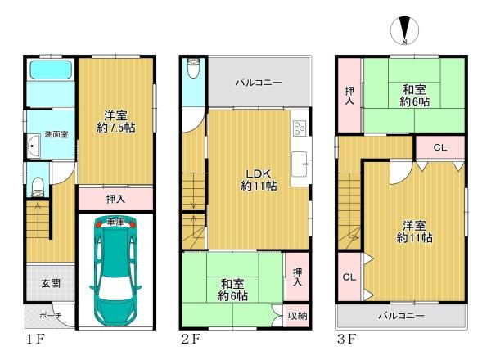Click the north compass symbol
(x=404, y=30)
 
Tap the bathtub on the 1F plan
(x=51, y=70)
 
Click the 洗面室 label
(x=56, y=135)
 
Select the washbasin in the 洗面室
(x=34, y=146)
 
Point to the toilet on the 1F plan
(x=38, y=187)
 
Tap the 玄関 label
(x=51, y=284)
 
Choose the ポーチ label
(x=51, y=316)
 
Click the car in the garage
(x=115, y=271)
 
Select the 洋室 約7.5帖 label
(x=116, y=121)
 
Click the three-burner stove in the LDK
(x=300, y=128)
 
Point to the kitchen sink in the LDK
(x=300, y=164)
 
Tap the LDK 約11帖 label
(x=259, y=180)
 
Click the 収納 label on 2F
(x=297, y=316)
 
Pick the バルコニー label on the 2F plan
(x=259, y=83)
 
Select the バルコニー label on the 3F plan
(x=402, y=316)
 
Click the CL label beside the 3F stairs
(x=349, y=277)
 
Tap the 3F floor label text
(x=347, y=339)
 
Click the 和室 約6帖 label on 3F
(x=414, y=96)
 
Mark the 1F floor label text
(x=36, y=339)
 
